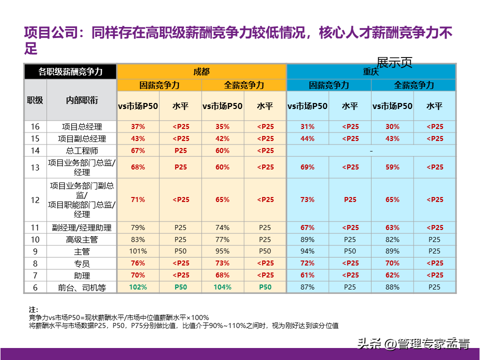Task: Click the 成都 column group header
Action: [201, 71]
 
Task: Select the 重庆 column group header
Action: [371, 71]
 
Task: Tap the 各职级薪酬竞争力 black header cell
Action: [70, 71]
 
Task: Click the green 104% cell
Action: [222, 287]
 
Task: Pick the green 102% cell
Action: [138, 287]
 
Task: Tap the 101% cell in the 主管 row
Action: [138, 251]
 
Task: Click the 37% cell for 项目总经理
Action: [138, 127]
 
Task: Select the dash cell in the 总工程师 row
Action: [371, 150]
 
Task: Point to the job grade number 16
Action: [35, 127]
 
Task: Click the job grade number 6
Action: [35, 287]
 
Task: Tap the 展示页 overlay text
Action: [394, 62]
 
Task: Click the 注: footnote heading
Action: [33, 310]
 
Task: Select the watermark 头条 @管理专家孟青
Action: [413, 344]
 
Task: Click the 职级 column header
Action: [35, 100]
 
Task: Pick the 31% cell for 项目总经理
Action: [307, 127]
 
